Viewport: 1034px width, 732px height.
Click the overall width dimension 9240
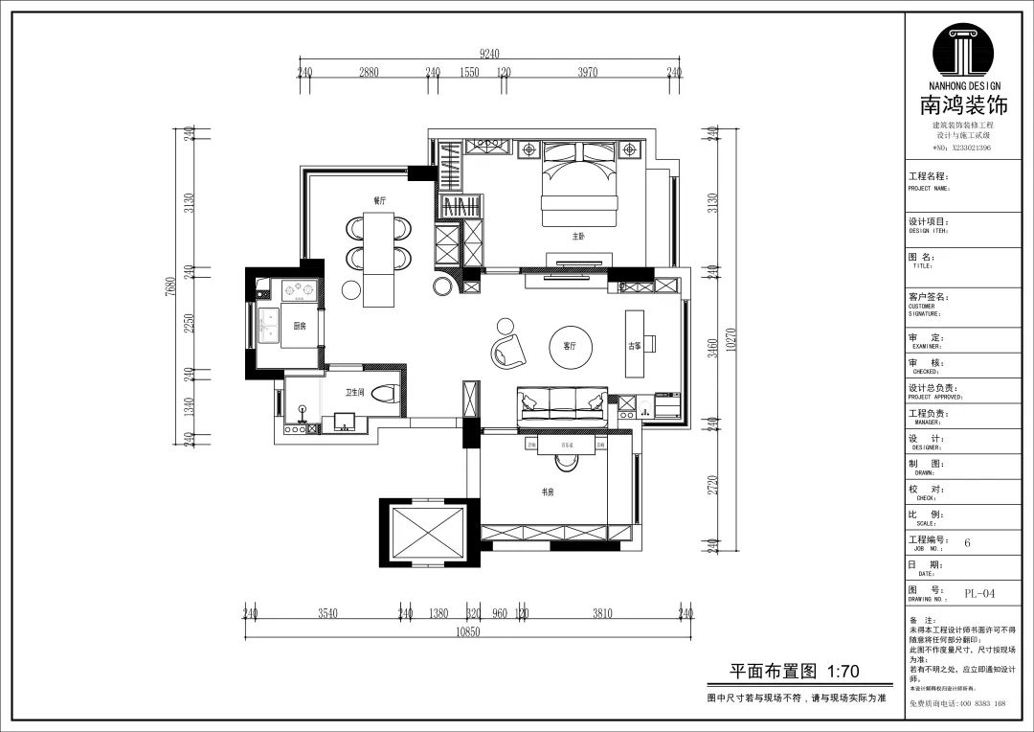click(x=489, y=54)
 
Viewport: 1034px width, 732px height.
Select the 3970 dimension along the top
click(x=588, y=73)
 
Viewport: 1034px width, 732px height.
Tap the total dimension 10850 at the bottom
click(x=467, y=630)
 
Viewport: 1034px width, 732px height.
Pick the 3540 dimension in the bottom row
click(x=327, y=613)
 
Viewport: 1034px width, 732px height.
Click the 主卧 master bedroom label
click(x=578, y=236)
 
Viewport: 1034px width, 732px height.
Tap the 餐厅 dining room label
click(x=379, y=201)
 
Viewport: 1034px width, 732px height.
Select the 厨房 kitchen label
click(x=300, y=327)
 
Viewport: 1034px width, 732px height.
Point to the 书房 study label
click(x=549, y=492)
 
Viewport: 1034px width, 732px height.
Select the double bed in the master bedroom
click(x=578, y=187)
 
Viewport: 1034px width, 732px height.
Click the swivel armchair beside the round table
click(x=509, y=350)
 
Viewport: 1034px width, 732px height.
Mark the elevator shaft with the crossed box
click(x=421, y=532)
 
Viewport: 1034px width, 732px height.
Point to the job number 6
click(x=967, y=542)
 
